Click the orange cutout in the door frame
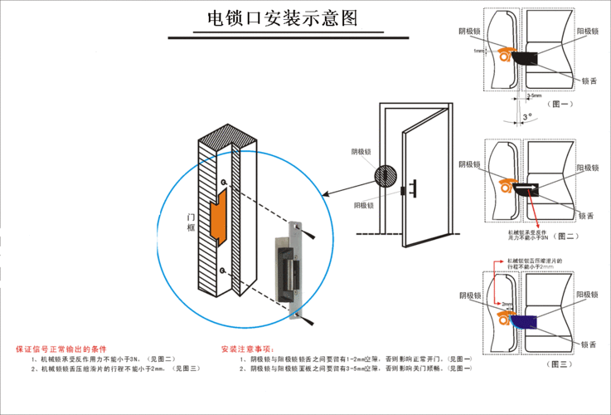pyautogui.click(x=220, y=217)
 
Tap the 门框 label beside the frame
pyautogui.click(x=192, y=222)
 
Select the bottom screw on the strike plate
pyautogui.click(x=295, y=314)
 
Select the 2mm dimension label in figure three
pyautogui.click(x=507, y=305)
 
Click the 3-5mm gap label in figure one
pyautogui.click(x=535, y=95)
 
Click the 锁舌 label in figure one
pyautogui.click(x=589, y=81)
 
